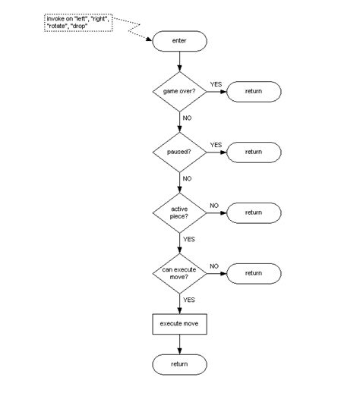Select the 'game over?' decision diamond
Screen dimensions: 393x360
click(179, 91)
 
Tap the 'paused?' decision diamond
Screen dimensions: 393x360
click(179, 152)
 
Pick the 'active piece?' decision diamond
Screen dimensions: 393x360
click(179, 212)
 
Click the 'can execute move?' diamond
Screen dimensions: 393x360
click(179, 273)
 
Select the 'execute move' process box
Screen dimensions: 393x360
click(179, 324)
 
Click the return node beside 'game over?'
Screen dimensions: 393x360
click(253, 91)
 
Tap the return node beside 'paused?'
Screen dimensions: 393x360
click(253, 152)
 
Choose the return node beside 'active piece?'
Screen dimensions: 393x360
click(253, 212)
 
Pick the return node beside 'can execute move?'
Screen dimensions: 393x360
click(253, 273)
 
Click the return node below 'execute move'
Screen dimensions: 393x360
click(179, 365)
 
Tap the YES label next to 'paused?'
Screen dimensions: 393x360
click(215, 144)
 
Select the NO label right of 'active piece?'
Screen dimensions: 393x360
click(214, 205)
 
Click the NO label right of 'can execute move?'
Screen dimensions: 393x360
click(214, 266)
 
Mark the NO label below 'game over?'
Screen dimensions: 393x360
click(188, 118)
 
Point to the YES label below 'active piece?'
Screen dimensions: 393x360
click(188, 239)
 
